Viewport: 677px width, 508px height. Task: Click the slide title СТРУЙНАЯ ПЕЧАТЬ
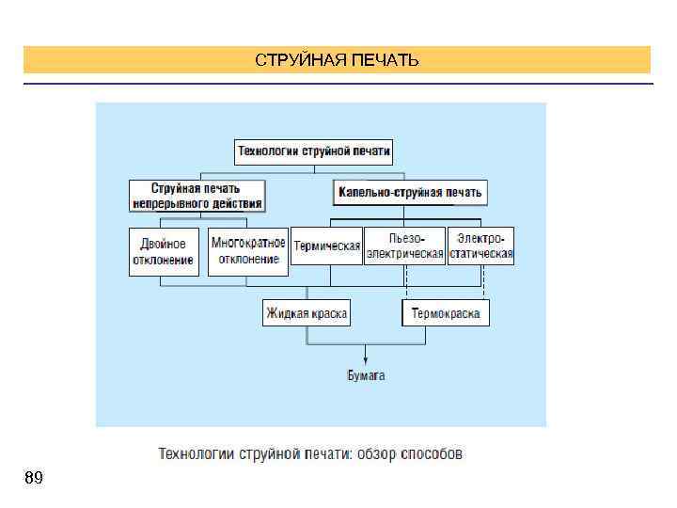coord(337,61)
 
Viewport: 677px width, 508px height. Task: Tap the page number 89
coord(33,478)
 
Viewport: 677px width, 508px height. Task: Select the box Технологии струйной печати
coord(314,151)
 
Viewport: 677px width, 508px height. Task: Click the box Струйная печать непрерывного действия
coord(196,196)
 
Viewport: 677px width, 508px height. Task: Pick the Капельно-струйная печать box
coord(410,193)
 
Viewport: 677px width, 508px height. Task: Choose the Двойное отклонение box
coord(165,251)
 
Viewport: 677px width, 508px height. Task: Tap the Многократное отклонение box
coord(248,250)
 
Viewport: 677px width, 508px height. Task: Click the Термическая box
coord(326,246)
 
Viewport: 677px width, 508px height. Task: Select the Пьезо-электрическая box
coord(404,246)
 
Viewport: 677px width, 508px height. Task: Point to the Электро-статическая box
coord(480,246)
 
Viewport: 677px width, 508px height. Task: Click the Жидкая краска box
coord(307,313)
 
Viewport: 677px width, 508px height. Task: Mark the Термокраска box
coord(446,313)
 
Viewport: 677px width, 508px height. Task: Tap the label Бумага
coord(367,375)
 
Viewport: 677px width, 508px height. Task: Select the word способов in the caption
coord(432,454)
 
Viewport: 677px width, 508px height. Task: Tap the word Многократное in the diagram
coord(248,243)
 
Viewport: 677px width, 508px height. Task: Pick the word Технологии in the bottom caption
coord(191,454)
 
